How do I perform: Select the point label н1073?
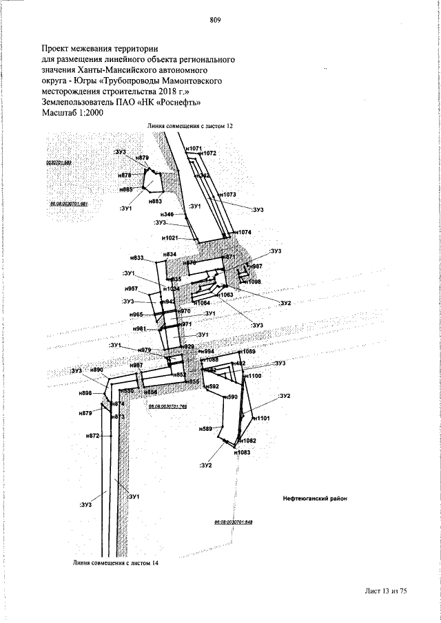pos(228,195)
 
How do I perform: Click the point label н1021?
pos(170,238)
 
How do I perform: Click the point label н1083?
pos(242,452)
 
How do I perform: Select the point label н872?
pos(94,436)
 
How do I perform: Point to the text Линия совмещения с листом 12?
pos(195,127)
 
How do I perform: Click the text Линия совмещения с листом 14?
pos(115,563)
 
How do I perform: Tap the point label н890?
pos(96,370)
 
